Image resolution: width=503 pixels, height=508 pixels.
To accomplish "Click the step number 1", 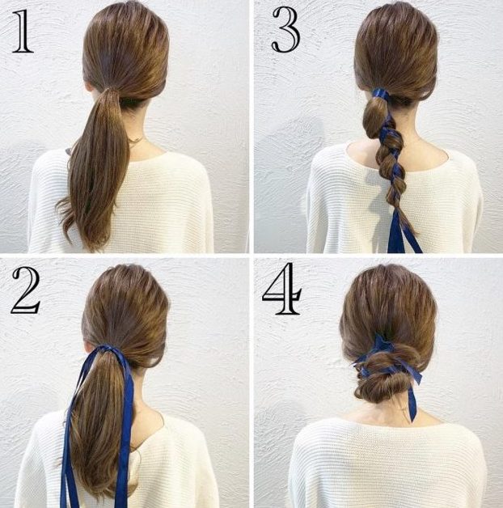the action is pos(23,31).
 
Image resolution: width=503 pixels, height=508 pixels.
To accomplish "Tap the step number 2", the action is pos(25,290).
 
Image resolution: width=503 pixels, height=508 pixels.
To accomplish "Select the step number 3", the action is pos(286,29).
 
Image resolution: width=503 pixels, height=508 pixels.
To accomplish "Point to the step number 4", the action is pos(281,288).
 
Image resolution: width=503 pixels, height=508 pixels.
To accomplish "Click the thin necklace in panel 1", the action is pos(137,140).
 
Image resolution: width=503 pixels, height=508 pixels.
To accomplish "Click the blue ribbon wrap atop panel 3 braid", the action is pos(380,94).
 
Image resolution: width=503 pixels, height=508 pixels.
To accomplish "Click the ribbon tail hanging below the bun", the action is pos(412,402).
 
